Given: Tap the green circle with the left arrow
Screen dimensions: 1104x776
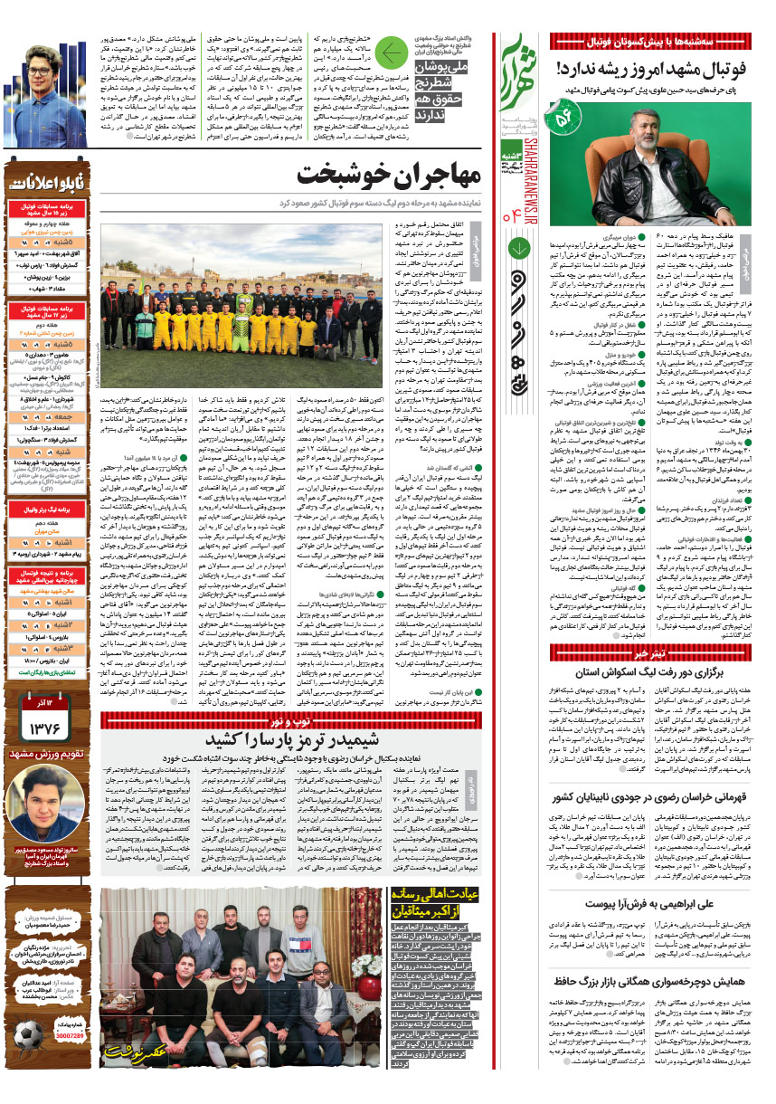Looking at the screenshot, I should coord(392,55).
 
